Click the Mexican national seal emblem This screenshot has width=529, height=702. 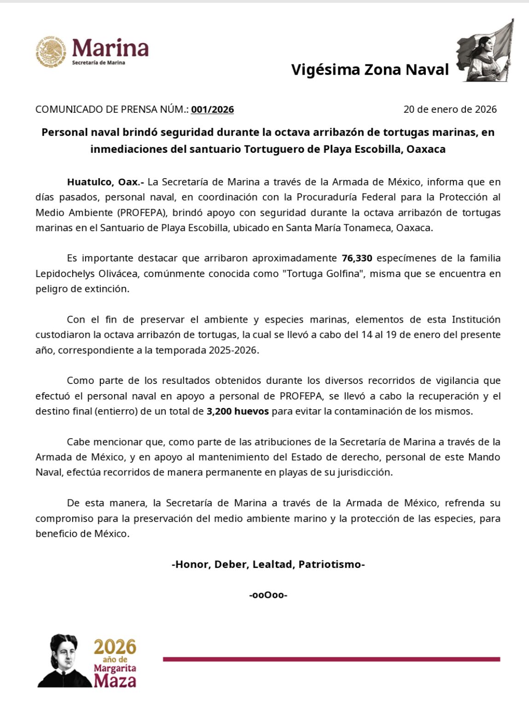(x=51, y=52)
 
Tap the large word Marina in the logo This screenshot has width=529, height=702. (x=110, y=48)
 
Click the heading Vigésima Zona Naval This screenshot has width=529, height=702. (x=370, y=70)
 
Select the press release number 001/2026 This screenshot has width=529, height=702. (x=212, y=110)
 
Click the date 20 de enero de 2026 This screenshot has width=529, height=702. (x=450, y=110)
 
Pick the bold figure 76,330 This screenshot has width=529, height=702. (x=357, y=258)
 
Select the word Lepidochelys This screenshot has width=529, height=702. (x=64, y=273)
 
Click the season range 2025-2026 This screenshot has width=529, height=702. (x=232, y=350)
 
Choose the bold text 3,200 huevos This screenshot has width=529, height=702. (x=238, y=411)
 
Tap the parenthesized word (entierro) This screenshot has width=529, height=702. (x=116, y=411)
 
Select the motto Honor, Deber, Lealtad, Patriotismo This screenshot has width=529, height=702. (x=268, y=564)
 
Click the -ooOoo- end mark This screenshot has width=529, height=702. (x=268, y=595)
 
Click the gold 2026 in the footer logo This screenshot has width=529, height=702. (x=115, y=646)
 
